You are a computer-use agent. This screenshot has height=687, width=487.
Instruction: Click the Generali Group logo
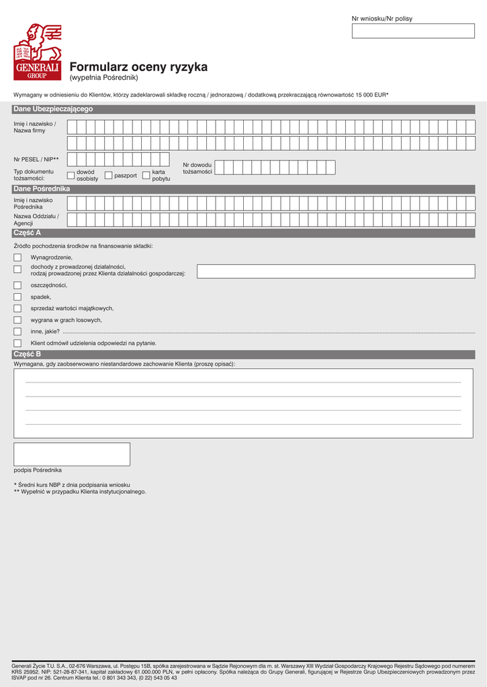pos(38,52)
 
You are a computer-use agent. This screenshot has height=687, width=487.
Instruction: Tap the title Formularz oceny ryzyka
pos(138,67)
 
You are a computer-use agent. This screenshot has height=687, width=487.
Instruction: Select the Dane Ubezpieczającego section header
pos(54,109)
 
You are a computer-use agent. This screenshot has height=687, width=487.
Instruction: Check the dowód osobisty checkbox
pos(71,175)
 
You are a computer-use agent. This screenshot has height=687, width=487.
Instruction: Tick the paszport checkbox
pos(109,175)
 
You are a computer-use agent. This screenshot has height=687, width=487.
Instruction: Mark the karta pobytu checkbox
pos(146,175)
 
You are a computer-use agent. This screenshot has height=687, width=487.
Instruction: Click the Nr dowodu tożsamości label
pos(197,168)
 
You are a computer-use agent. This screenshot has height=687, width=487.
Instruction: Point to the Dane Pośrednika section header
pos(42,189)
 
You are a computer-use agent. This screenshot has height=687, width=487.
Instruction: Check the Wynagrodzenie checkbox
pos(17,258)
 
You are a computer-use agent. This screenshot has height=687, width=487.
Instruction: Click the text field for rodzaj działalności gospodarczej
pos(335,271)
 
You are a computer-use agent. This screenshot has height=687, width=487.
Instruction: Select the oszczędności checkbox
pos(17,285)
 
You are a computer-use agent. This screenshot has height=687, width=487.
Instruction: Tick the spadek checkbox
pos(17,297)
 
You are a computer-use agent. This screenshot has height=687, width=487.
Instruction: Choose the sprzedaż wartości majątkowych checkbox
pos(17,309)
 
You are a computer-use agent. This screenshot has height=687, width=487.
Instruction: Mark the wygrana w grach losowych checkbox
pos(17,320)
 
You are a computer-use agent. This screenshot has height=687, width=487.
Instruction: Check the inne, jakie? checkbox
pos(17,331)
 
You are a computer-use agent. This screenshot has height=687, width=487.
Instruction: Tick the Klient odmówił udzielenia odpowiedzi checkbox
pos(17,343)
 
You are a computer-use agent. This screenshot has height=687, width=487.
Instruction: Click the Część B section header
pos(28,354)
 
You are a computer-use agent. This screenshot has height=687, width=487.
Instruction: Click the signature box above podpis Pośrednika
pos(72,454)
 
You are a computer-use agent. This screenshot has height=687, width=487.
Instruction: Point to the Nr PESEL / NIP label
pos(36,160)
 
